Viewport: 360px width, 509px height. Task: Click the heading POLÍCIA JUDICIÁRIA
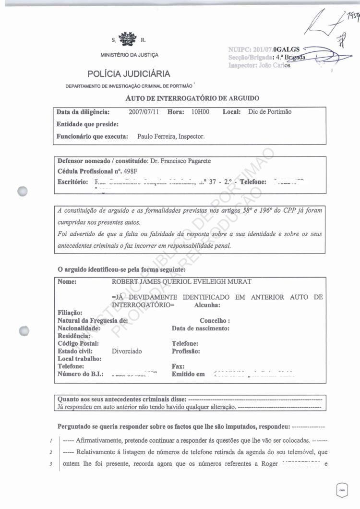coord(129,74)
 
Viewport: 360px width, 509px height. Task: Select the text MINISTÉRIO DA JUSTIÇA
coord(129,55)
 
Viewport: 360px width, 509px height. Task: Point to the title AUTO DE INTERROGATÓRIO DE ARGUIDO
coord(192,98)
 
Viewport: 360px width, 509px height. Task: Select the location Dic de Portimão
coord(270,112)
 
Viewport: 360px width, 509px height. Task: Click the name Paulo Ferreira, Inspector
coord(171,136)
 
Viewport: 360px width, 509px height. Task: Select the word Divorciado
coord(127,351)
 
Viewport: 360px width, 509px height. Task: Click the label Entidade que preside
coord(87,124)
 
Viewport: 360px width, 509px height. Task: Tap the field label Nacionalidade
coord(79,328)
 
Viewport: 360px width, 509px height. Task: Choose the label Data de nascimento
coord(200,328)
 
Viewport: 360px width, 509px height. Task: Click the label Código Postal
coord(78,343)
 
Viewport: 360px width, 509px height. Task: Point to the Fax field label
coord(178,366)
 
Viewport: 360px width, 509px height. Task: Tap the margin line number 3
coord(50,464)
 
